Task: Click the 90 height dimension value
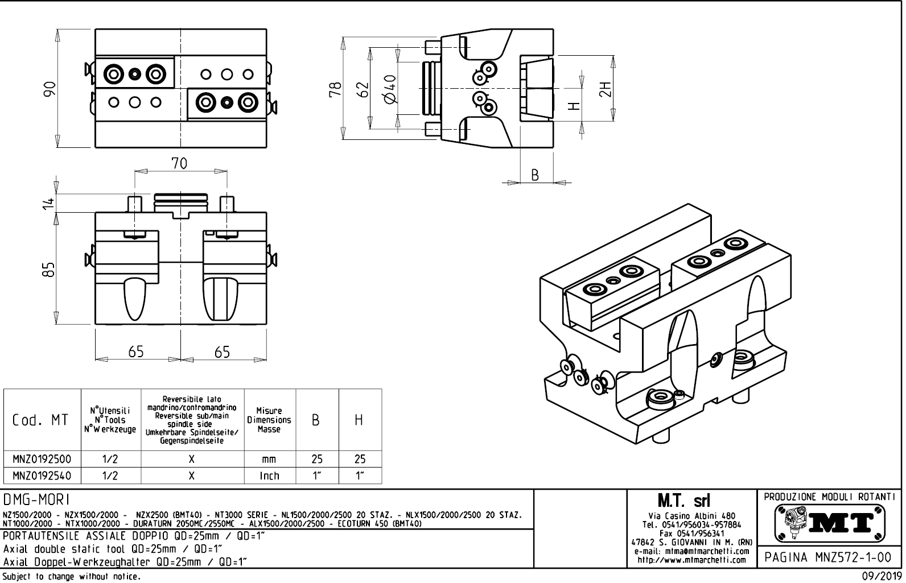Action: coord(50,88)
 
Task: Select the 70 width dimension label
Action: coord(179,164)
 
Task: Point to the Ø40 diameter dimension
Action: coord(390,89)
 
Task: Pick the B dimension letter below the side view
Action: coord(535,175)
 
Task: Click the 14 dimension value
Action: coord(50,202)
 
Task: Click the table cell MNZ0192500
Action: coord(42,459)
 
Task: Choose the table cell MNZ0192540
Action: coord(42,475)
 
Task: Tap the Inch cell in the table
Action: coord(269,476)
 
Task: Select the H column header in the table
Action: coord(359,420)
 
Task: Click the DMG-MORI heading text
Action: coord(36,500)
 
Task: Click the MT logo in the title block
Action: coord(830,523)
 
